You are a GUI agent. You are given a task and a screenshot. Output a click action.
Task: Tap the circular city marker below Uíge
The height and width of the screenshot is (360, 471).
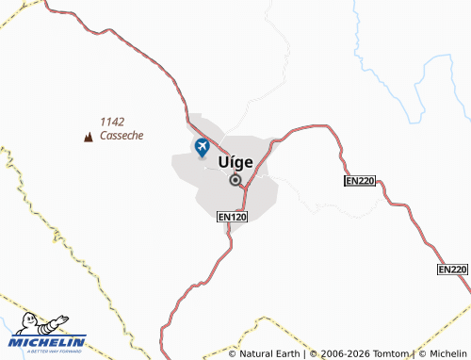tap(235, 179)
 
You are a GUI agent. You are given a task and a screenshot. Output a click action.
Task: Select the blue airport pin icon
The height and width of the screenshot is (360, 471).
tap(201, 147)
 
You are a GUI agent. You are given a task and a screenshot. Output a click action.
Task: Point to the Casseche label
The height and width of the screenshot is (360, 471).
tap(122, 136)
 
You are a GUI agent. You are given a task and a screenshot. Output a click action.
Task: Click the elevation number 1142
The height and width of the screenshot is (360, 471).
tap(112, 122)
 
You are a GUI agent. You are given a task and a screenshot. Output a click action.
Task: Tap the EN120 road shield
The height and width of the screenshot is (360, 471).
tap(232, 217)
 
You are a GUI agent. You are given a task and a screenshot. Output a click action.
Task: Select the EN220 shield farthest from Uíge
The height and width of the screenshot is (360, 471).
tap(453, 270)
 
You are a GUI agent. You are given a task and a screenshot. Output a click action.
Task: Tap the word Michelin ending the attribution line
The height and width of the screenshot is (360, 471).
tap(445, 353)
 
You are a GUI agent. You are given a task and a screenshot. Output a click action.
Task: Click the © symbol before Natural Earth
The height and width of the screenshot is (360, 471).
tap(233, 353)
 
